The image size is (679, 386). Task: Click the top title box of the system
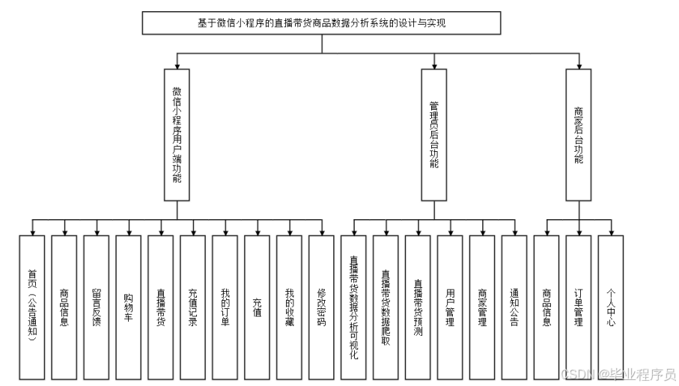[322, 23]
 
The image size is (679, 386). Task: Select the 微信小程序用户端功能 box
[177, 135]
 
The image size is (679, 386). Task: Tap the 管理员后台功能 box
[433, 135]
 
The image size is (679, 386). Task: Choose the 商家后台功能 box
[578, 135]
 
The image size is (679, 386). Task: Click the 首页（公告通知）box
[32, 307]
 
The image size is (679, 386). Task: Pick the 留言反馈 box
[97, 307]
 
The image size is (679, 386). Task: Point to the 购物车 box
[129, 307]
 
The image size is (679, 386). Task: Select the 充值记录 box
[193, 307]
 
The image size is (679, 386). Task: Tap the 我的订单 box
[225, 307]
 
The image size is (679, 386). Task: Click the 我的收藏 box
[290, 307]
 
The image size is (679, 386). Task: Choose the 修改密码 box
[321, 307]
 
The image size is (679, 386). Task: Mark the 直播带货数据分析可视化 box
[353, 307]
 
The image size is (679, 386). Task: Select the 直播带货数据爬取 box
[386, 307]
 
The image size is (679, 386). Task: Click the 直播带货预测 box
[418, 307]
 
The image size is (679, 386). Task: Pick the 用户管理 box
[450, 307]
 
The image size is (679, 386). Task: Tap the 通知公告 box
[514, 307]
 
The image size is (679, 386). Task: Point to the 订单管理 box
[579, 307]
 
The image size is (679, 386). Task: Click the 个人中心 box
[611, 307]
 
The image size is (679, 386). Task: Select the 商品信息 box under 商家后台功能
[546, 307]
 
